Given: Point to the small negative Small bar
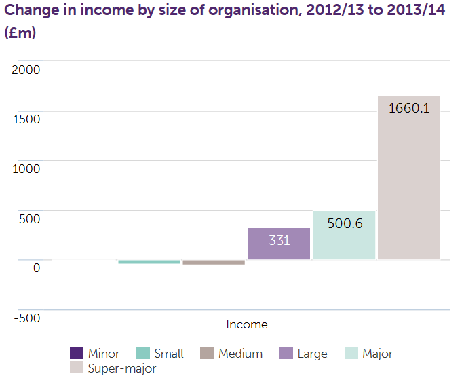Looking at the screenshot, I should pos(149,262).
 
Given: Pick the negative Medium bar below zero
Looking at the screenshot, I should pos(214,262).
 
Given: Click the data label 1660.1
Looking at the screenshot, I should pos(409,107).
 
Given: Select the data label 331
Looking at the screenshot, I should pos(279,240).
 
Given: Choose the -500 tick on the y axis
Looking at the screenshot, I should pos(26,318).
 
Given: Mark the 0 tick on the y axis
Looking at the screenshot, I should pos(36,267).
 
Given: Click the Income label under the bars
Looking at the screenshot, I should pos(247,324).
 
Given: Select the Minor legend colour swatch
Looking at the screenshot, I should pos(77,354).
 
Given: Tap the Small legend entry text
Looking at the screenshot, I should pos(169,354).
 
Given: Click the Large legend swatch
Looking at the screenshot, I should pos(286,354).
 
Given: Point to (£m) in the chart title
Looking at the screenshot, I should pos(20,33).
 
